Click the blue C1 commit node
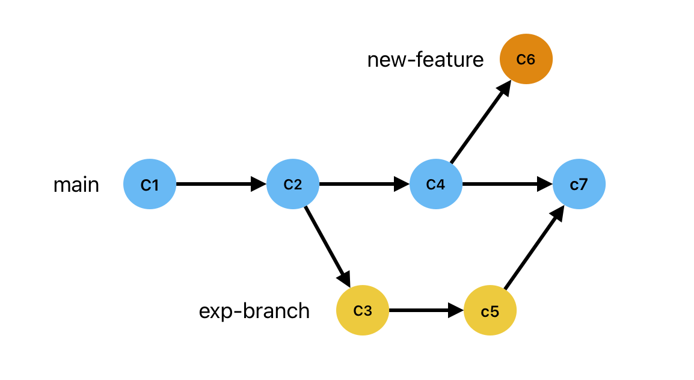click(x=150, y=184)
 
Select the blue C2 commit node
click(x=293, y=184)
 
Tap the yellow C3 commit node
click(x=363, y=311)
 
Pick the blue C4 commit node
click(x=436, y=184)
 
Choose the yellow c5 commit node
click(x=490, y=311)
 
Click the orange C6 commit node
click(x=526, y=59)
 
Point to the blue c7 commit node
click(x=579, y=184)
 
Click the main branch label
click(x=76, y=185)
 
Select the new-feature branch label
click(x=425, y=60)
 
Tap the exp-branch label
click(x=254, y=311)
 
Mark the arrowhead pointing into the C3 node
click(x=345, y=278)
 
